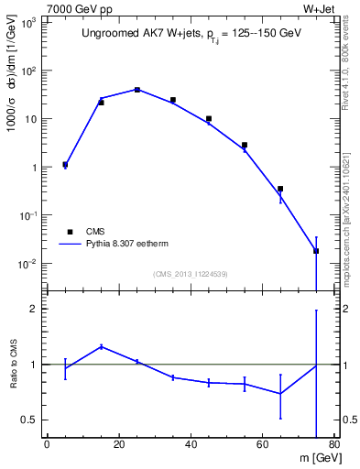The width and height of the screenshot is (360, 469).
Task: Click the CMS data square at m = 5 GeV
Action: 65,165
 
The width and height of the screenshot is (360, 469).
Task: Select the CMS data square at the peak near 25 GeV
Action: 136,90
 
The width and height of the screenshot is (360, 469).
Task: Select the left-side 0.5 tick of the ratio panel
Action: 31,420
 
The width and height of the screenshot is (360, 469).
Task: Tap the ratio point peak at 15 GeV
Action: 101,346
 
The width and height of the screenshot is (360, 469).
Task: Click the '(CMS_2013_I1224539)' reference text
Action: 191,273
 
